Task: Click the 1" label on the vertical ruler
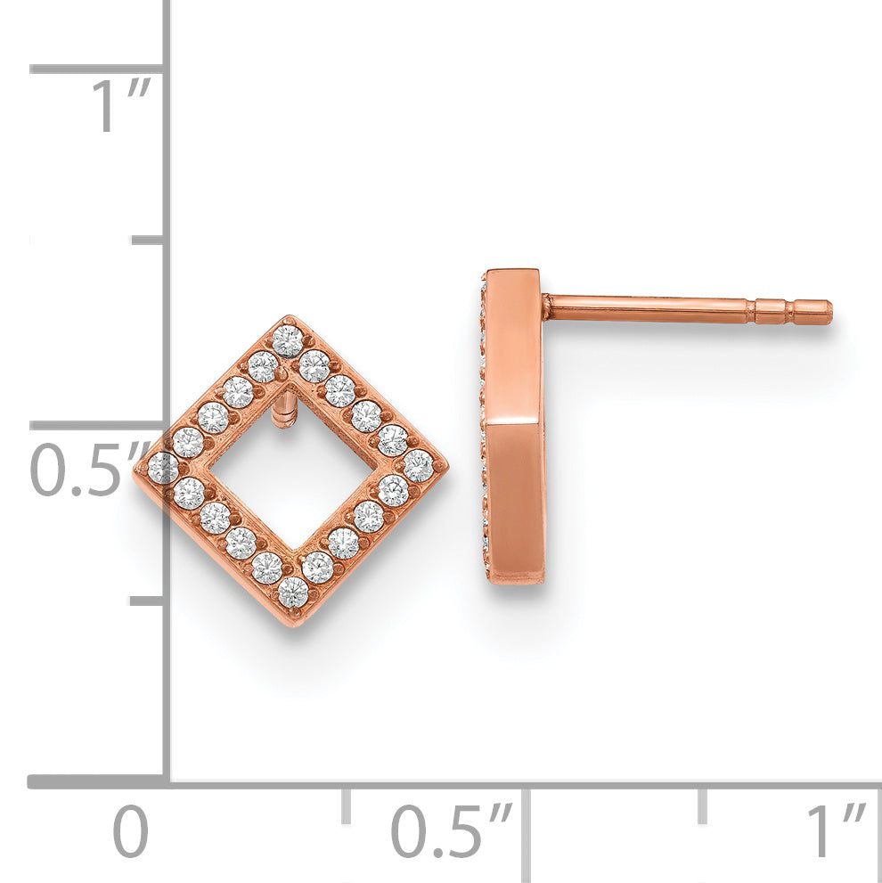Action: click(122, 105)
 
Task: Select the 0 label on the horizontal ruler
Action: click(130, 831)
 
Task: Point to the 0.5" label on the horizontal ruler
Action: click(451, 831)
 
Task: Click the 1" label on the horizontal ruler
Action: click(837, 831)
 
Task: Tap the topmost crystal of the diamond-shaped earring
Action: click(288, 340)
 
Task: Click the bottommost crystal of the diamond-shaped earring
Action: click(293, 592)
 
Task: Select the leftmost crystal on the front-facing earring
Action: click(163, 468)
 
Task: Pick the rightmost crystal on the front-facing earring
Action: click(419, 466)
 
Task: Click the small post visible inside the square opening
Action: click(283, 411)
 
